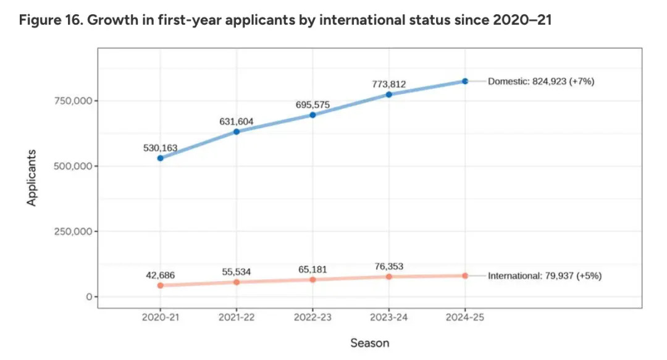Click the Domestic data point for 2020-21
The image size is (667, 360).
tap(161, 158)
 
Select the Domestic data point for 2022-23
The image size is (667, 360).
tap(313, 115)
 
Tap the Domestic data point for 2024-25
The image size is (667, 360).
tap(465, 81)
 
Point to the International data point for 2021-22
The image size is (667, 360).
tap(237, 282)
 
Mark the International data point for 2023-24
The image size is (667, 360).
tap(389, 277)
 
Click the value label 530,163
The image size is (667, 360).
tap(160, 148)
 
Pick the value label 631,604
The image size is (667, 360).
tap(237, 122)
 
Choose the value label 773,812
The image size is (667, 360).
tap(388, 84)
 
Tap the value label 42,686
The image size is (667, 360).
tap(160, 274)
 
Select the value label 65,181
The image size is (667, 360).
tap(313, 270)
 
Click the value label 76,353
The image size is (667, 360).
tap(388, 266)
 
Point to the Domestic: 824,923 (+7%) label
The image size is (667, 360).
tap(541, 81)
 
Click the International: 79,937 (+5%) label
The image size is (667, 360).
tap(545, 276)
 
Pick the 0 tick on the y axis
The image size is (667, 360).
tap(89, 297)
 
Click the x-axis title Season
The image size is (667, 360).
tap(370, 343)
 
